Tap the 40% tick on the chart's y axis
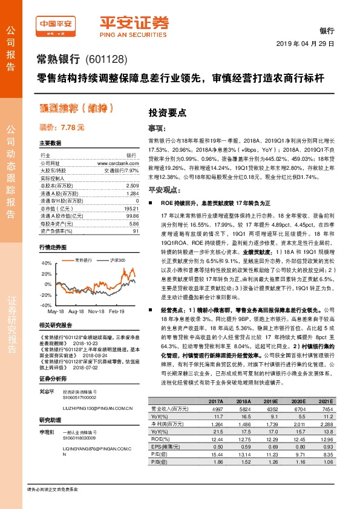pyautogui.click(x=47, y=264)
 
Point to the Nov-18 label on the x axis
pyautogui.click(x=96, y=311)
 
